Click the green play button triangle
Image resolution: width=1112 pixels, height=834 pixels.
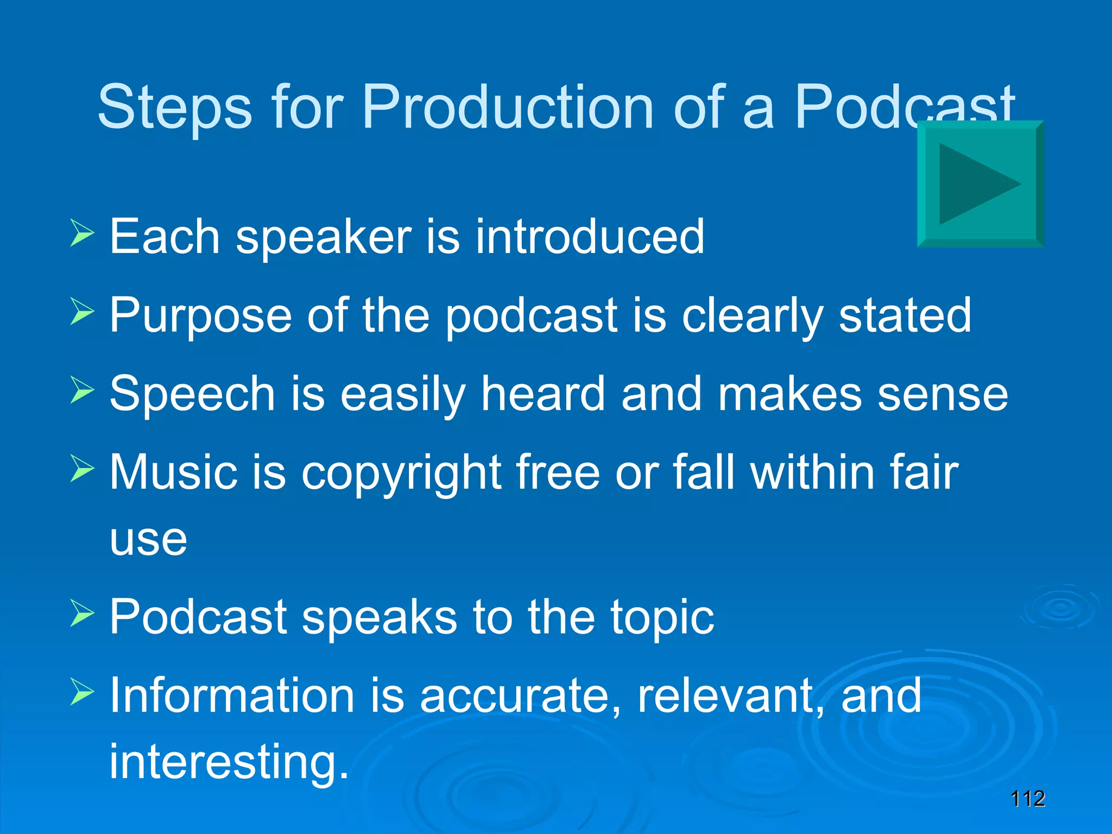[975, 184]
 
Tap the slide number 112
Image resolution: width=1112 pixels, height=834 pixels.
[1027, 799]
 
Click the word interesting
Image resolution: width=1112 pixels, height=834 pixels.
[228, 761]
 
